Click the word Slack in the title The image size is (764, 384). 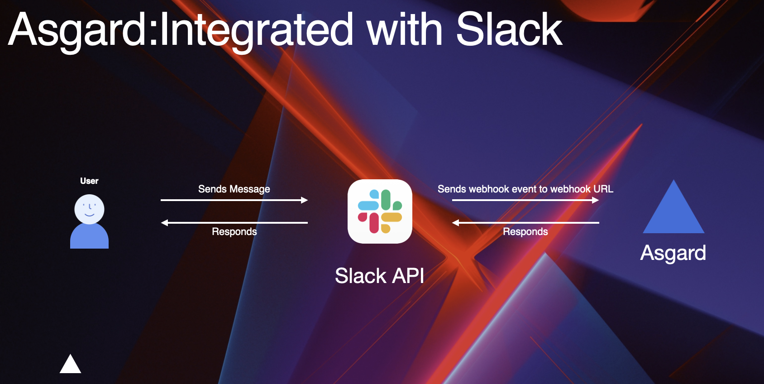509,30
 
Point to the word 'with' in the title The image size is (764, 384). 405,30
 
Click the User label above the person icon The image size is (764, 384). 89,181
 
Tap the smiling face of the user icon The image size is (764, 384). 89,209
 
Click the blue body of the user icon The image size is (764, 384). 89,237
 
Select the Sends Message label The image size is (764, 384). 234,189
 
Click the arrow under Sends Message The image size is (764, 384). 234,200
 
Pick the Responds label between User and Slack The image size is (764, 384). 234,232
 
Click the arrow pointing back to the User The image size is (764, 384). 234,223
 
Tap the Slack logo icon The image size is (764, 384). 380,211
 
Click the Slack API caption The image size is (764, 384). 379,276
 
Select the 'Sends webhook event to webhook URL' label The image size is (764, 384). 525,189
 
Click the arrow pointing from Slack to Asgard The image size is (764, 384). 525,200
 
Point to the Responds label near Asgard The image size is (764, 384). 525,232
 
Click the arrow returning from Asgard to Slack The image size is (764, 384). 525,223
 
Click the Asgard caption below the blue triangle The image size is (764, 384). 673,253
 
